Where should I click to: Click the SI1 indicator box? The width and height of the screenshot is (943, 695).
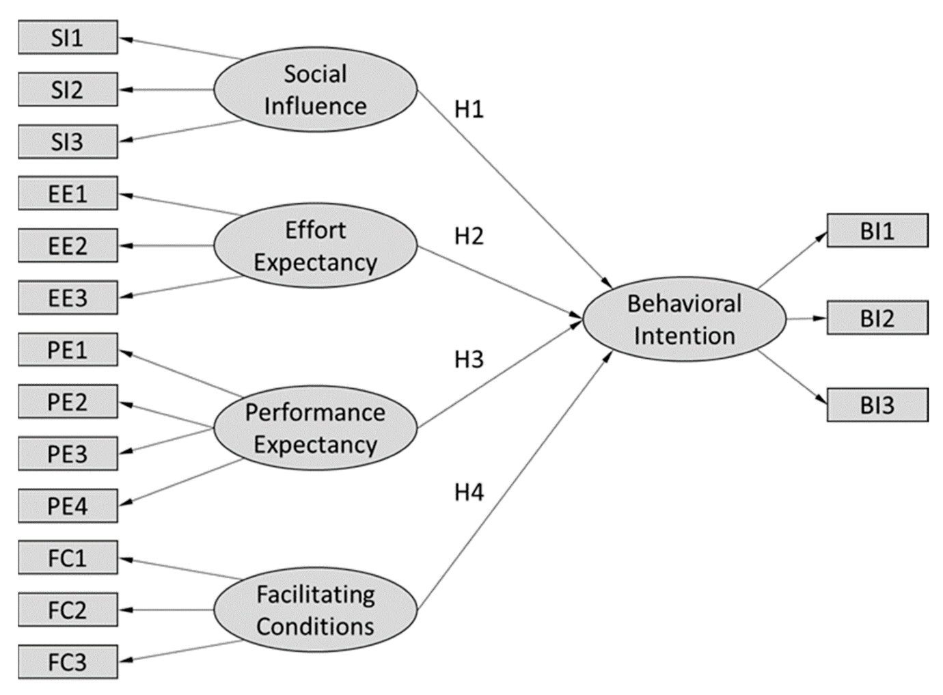[68, 38]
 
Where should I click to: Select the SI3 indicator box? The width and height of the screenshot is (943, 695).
[68, 141]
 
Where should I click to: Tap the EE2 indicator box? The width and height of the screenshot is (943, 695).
[68, 246]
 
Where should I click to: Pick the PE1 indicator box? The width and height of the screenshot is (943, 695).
[68, 350]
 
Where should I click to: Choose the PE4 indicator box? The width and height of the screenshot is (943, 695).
[68, 506]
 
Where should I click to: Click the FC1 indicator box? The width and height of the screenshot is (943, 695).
[68, 558]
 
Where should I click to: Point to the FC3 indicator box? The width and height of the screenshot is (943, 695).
[68, 662]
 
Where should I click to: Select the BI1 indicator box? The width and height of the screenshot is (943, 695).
[877, 231]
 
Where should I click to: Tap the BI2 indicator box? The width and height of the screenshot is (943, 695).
[877, 318]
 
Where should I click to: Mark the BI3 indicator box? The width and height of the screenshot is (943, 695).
[877, 405]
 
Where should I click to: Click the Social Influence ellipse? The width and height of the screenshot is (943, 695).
[315, 90]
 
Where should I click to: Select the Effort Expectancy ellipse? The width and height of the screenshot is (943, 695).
[315, 246]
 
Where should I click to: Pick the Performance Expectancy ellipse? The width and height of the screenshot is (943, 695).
[315, 428]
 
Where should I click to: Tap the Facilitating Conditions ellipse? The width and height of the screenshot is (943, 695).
[315, 610]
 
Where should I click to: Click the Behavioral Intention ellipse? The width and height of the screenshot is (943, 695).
[684, 319]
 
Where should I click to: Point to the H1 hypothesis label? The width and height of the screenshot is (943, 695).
[469, 109]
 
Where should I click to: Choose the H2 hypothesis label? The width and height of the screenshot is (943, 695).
[469, 236]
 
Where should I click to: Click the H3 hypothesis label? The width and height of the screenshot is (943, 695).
[469, 359]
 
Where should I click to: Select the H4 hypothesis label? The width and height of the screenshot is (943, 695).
[469, 492]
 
